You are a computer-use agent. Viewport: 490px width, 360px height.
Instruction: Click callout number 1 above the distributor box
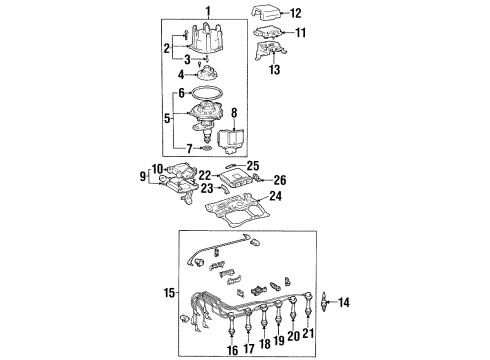coord(207,11)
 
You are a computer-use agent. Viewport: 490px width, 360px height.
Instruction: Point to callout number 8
coord(235,113)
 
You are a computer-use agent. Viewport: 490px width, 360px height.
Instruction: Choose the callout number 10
coord(157,168)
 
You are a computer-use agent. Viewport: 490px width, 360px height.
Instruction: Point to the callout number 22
coord(203,177)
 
